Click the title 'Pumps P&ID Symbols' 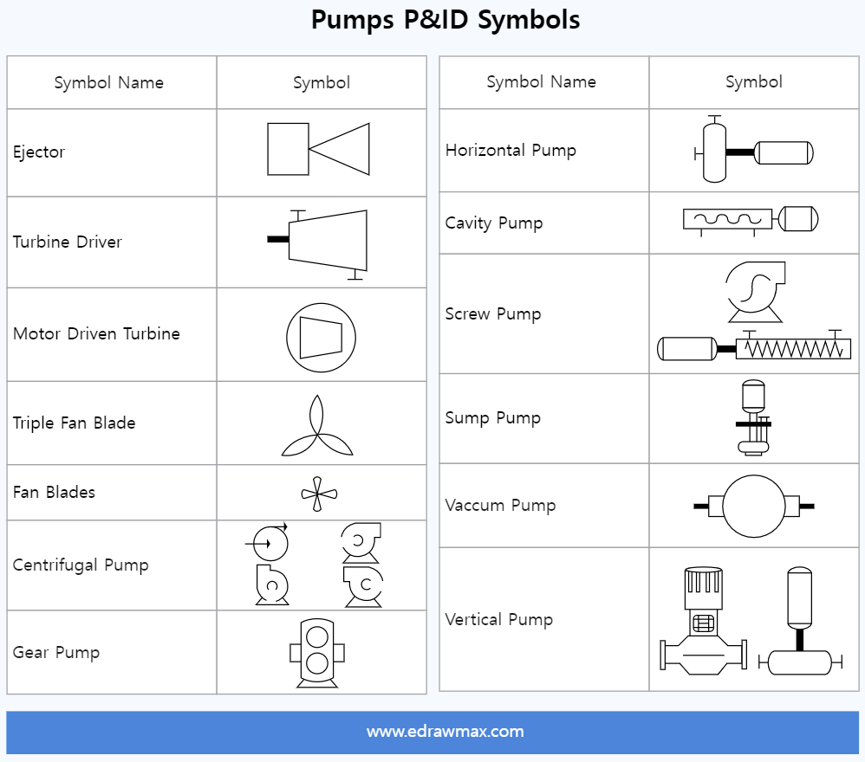point(446,20)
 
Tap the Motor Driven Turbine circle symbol point(321,337)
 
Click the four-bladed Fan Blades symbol point(318,494)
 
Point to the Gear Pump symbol point(317,653)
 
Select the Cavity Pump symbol point(751,220)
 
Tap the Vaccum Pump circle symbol point(753,506)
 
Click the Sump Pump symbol point(753,417)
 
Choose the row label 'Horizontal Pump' point(511,151)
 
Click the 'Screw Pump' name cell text point(492,314)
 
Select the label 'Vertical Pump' point(498,620)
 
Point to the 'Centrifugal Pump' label point(81,565)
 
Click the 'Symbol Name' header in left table point(108,83)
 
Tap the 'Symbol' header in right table point(753,82)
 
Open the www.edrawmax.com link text point(445,732)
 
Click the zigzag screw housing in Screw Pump point(792,349)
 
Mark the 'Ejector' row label point(39,152)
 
